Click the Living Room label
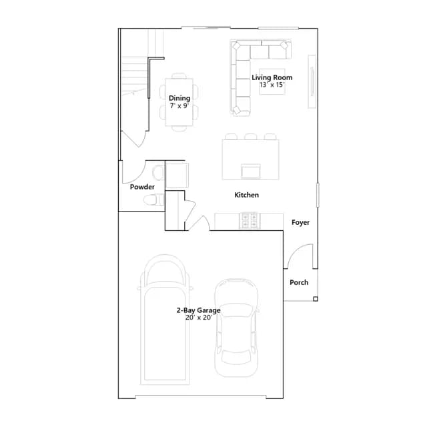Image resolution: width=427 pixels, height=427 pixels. pyautogui.click(x=272, y=77)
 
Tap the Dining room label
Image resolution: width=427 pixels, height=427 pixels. pyautogui.click(x=179, y=98)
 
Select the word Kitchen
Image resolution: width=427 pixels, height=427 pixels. pyautogui.click(x=246, y=195)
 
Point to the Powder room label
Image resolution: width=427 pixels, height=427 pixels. pyautogui.click(x=142, y=187)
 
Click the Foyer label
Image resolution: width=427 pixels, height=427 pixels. pyautogui.click(x=300, y=222)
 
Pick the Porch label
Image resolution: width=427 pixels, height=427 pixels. pyautogui.click(x=299, y=282)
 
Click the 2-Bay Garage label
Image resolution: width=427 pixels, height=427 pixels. pyautogui.click(x=199, y=310)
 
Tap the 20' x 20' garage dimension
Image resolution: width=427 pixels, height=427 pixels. pyautogui.click(x=199, y=318)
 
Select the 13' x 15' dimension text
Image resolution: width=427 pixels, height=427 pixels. pyautogui.click(x=272, y=85)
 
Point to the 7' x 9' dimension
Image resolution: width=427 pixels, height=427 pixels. pyautogui.click(x=179, y=105)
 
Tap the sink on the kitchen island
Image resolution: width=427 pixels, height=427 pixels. pyautogui.click(x=251, y=171)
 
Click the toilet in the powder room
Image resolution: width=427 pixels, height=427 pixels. pyautogui.click(x=153, y=200)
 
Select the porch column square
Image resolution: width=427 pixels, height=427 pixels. pyautogui.click(x=316, y=299)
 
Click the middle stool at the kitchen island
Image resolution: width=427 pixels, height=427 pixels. pyautogui.click(x=251, y=136)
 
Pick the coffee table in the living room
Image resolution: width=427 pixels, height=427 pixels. pyautogui.click(x=272, y=81)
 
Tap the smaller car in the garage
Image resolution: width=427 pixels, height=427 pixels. pyautogui.click(x=236, y=328)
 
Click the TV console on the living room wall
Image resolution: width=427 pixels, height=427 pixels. pyautogui.click(x=312, y=81)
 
